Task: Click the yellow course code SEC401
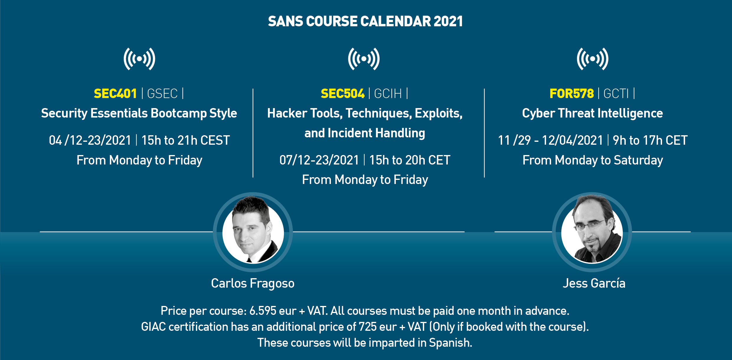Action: tap(115, 94)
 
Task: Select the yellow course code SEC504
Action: tap(342, 94)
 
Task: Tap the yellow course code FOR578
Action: tap(571, 94)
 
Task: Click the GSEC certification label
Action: tap(162, 94)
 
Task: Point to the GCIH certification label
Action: tap(388, 94)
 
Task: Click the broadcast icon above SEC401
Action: tap(139, 59)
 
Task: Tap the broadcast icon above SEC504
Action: tap(364, 59)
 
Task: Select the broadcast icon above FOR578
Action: tap(592, 59)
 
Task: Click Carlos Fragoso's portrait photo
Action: tap(253, 232)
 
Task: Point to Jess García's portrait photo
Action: tap(592, 232)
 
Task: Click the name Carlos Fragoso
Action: tap(253, 284)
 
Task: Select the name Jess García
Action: tap(594, 283)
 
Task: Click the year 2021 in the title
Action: tap(448, 21)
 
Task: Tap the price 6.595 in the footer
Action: tap(263, 311)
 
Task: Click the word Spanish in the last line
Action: tap(450, 343)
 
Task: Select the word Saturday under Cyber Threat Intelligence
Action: tap(638, 160)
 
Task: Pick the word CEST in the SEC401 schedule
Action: tap(215, 140)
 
